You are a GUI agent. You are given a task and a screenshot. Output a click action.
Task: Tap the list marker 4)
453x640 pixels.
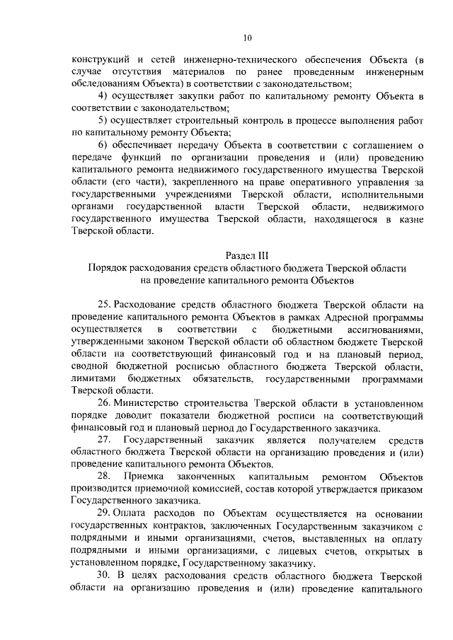(104, 95)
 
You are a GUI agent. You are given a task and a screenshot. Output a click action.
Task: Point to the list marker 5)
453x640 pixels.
(104, 120)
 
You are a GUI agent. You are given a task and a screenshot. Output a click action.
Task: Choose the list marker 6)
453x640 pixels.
(104, 146)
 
